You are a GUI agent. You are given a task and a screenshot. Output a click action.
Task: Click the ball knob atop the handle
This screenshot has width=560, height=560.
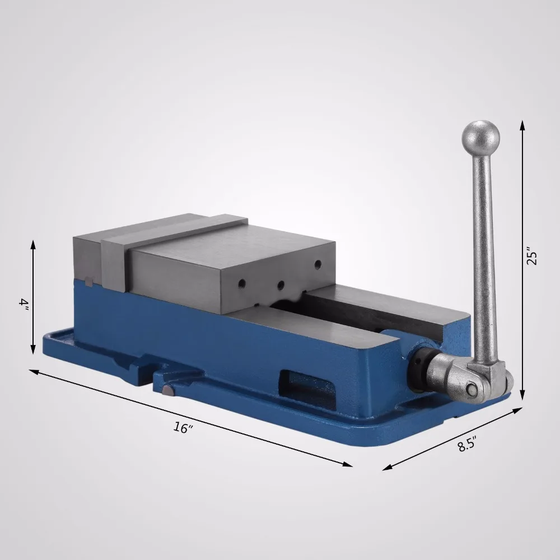480,135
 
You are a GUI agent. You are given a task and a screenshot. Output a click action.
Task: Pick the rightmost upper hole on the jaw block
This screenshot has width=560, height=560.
318,263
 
